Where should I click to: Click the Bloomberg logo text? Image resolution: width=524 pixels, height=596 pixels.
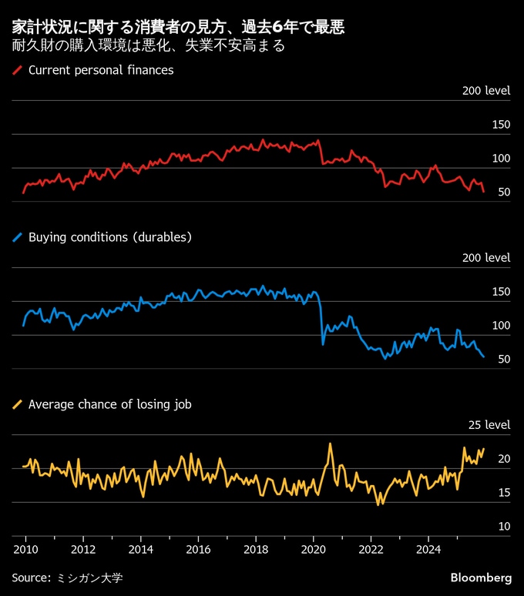tap(481, 578)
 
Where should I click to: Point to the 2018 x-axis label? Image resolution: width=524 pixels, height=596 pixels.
tap(256, 550)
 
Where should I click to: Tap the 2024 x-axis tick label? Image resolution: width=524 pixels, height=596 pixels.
tap(428, 550)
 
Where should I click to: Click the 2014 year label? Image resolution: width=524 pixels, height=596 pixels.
tap(141, 550)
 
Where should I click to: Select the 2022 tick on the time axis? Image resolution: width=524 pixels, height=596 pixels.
tap(371, 550)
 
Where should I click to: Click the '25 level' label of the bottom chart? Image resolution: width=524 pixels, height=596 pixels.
tap(490, 425)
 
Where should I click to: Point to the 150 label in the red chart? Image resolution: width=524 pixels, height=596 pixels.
tap(501, 125)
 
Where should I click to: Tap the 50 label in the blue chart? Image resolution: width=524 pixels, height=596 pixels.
tap(504, 360)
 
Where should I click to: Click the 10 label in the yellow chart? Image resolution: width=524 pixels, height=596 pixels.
tap(504, 527)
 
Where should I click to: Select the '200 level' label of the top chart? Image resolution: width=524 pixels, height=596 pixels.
tap(486, 91)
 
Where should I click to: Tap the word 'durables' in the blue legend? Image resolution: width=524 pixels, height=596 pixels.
tap(160, 237)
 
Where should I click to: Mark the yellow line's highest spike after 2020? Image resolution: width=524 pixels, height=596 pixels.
tap(331, 444)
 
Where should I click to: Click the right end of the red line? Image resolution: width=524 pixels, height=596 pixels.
tap(483, 192)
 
